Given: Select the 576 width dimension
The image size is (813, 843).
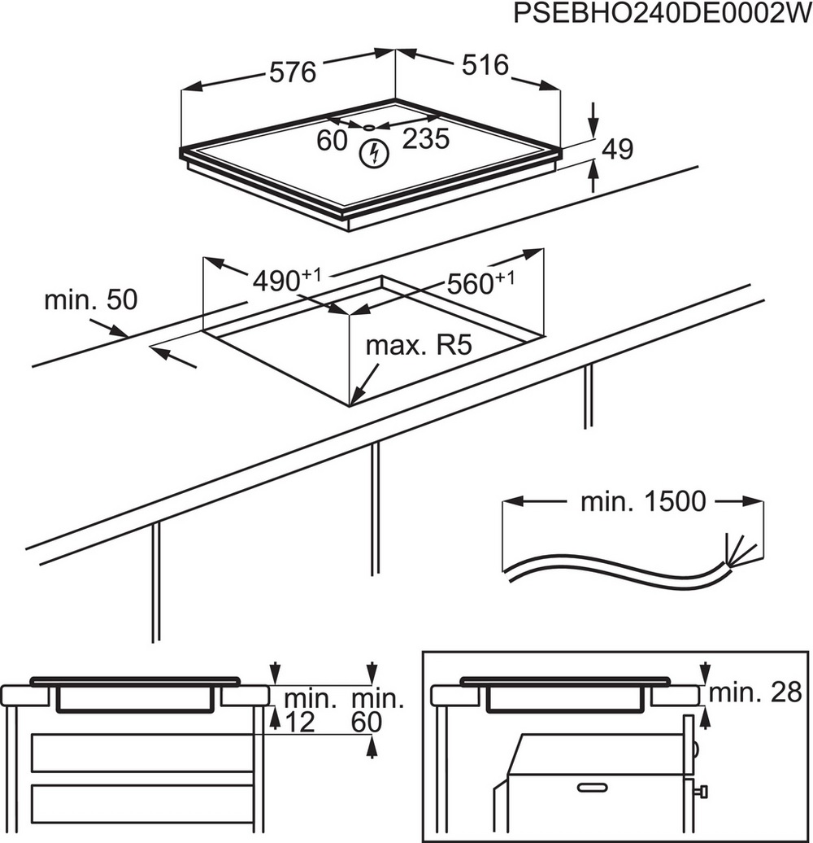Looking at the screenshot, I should [x=292, y=73].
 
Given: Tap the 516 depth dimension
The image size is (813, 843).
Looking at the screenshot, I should [x=487, y=65].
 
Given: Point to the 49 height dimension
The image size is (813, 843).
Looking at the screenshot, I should [x=617, y=148].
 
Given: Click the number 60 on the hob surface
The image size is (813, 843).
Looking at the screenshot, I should [x=332, y=140].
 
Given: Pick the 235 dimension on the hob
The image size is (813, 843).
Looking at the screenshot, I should [x=426, y=140].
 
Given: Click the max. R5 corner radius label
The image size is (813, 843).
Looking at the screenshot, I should [x=418, y=345].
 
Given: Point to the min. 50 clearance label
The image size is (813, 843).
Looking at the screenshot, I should [x=91, y=300].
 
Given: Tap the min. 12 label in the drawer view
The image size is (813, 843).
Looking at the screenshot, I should [x=298, y=710].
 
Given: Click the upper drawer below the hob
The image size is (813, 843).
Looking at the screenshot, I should [x=142, y=753].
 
